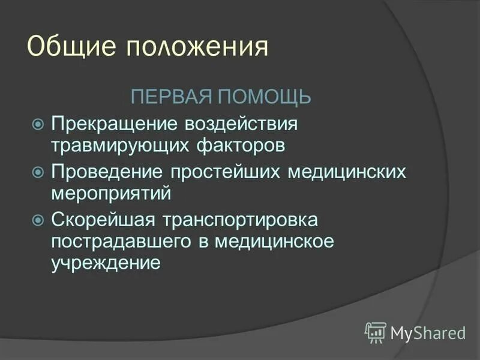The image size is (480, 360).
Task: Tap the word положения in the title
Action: [196, 47]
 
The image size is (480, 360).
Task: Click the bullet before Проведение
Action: [38, 172]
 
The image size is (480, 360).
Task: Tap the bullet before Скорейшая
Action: [38, 220]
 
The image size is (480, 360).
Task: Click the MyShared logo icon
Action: [375, 331]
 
